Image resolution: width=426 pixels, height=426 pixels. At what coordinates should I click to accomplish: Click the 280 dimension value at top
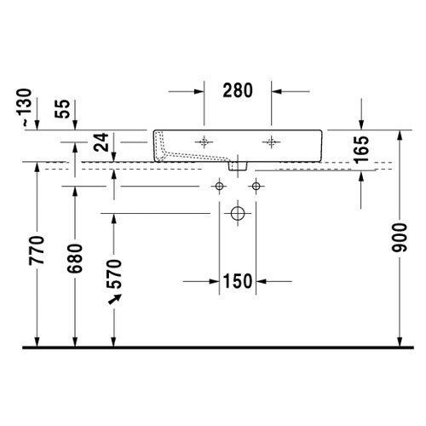click(x=238, y=90)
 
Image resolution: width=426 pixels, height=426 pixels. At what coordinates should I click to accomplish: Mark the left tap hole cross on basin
click(x=204, y=141)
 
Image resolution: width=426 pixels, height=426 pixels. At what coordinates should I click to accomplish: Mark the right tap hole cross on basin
click(x=271, y=141)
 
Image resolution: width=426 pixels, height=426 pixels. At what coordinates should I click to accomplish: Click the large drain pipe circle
click(x=238, y=212)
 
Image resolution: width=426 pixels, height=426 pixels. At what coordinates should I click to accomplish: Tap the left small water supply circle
click(x=220, y=185)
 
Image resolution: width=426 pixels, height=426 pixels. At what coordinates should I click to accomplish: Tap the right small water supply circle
click(x=254, y=185)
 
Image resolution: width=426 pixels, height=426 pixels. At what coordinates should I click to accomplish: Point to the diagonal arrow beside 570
click(x=112, y=301)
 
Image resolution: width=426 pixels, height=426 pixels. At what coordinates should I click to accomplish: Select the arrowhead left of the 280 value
click(x=199, y=90)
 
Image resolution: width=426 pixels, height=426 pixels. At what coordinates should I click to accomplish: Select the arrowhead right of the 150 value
click(x=262, y=279)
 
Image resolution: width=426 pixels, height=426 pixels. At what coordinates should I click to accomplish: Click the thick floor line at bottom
click(x=213, y=348)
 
